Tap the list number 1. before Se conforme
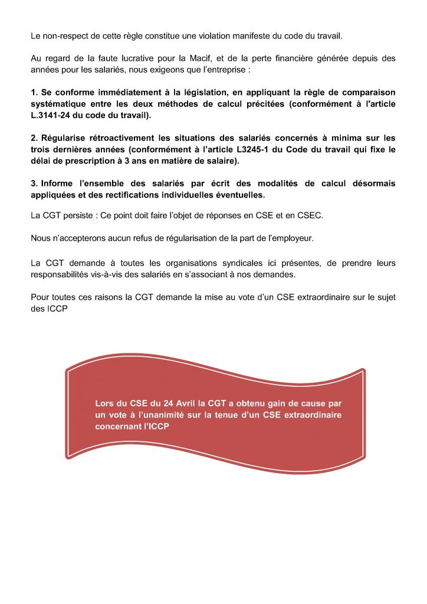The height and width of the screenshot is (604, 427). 34,93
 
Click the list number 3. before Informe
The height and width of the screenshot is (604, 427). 34,183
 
